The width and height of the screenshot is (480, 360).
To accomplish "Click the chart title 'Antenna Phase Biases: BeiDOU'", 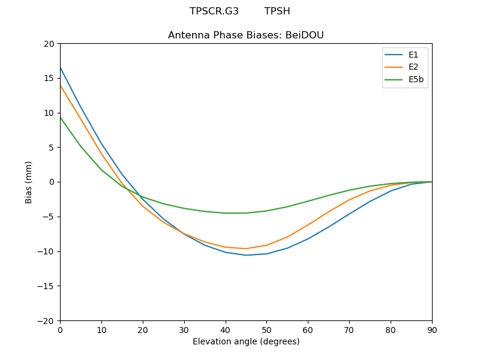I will point(246,35).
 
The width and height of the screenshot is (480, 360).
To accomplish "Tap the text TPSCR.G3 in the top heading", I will point(214,11).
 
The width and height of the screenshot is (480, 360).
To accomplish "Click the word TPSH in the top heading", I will point(277,11).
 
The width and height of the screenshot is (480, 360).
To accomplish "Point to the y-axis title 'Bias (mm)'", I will point(29,182).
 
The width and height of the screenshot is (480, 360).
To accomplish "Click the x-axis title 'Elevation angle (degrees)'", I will point(246,342).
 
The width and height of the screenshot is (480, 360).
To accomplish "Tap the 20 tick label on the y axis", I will point(49,44).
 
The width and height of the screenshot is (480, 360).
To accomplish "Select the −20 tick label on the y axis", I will point(46,321).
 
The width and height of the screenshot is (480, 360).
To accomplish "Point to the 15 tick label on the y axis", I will point(49,78).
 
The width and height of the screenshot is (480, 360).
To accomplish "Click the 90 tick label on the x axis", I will point(432,330).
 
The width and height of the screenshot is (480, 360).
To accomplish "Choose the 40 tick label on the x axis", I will point(226,330).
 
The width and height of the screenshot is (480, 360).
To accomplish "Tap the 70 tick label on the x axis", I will point(349,330).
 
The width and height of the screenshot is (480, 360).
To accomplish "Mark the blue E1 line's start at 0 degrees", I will point(60,67).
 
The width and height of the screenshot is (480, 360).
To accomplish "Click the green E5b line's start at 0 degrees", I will point(60,117).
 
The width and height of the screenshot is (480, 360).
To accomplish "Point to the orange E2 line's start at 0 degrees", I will point(60,85).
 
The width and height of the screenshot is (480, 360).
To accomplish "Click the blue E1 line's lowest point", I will point(246,255).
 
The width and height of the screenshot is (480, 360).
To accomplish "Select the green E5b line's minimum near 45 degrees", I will point(236,213).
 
